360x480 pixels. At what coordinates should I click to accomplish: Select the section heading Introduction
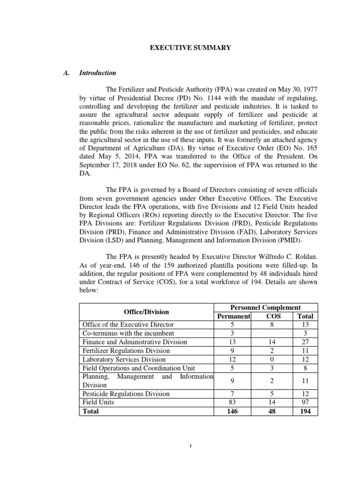point(97,73)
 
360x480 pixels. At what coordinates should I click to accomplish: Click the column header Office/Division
point(146,312)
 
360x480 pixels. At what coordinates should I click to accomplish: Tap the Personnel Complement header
point(266,307)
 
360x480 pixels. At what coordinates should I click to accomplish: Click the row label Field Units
point(98,402)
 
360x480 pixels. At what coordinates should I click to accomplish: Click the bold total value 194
point(305,411)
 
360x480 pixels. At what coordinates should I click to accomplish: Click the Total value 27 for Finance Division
point(305,342)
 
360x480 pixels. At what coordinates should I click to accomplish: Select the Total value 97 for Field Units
point(305,402)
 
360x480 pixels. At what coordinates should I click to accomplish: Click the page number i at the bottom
point(191,446)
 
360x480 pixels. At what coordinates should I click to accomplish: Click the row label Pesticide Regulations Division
point(126,393)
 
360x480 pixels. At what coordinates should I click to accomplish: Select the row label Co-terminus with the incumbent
point(125,333)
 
